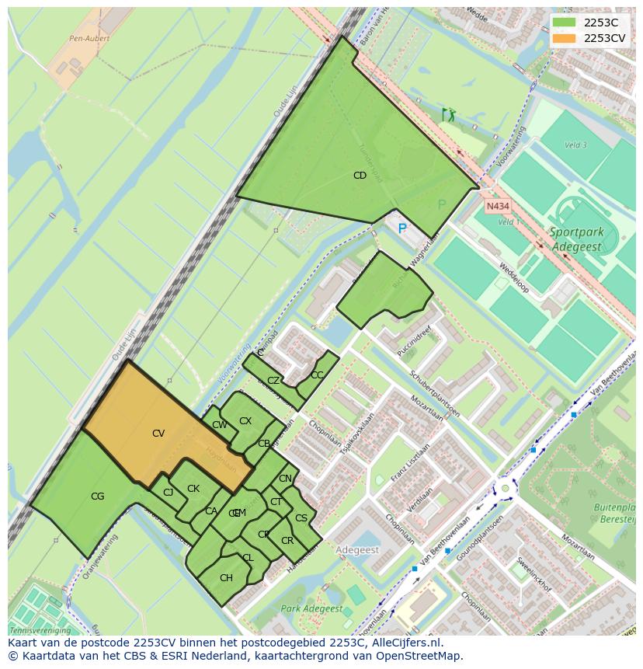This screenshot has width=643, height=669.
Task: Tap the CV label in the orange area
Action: pos(158,434)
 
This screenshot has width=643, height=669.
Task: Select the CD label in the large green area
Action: pos(360,176)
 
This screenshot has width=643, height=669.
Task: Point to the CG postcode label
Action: pos(97,497)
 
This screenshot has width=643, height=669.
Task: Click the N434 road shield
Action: pos(497,207)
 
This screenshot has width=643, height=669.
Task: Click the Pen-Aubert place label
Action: pos(90,38)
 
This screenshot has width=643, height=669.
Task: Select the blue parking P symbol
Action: pos(402,228)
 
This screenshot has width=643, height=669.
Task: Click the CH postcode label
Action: pos(226,578)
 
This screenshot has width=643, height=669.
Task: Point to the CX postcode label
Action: pos(245,421)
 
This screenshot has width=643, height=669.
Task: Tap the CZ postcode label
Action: pos(273,381)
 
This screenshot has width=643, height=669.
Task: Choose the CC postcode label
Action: pos(316,375)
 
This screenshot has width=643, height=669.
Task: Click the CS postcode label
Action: pos(301,518)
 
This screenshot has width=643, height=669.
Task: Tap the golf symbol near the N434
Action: pos(448,115)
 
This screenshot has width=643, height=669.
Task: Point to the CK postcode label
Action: pos(193,489)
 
